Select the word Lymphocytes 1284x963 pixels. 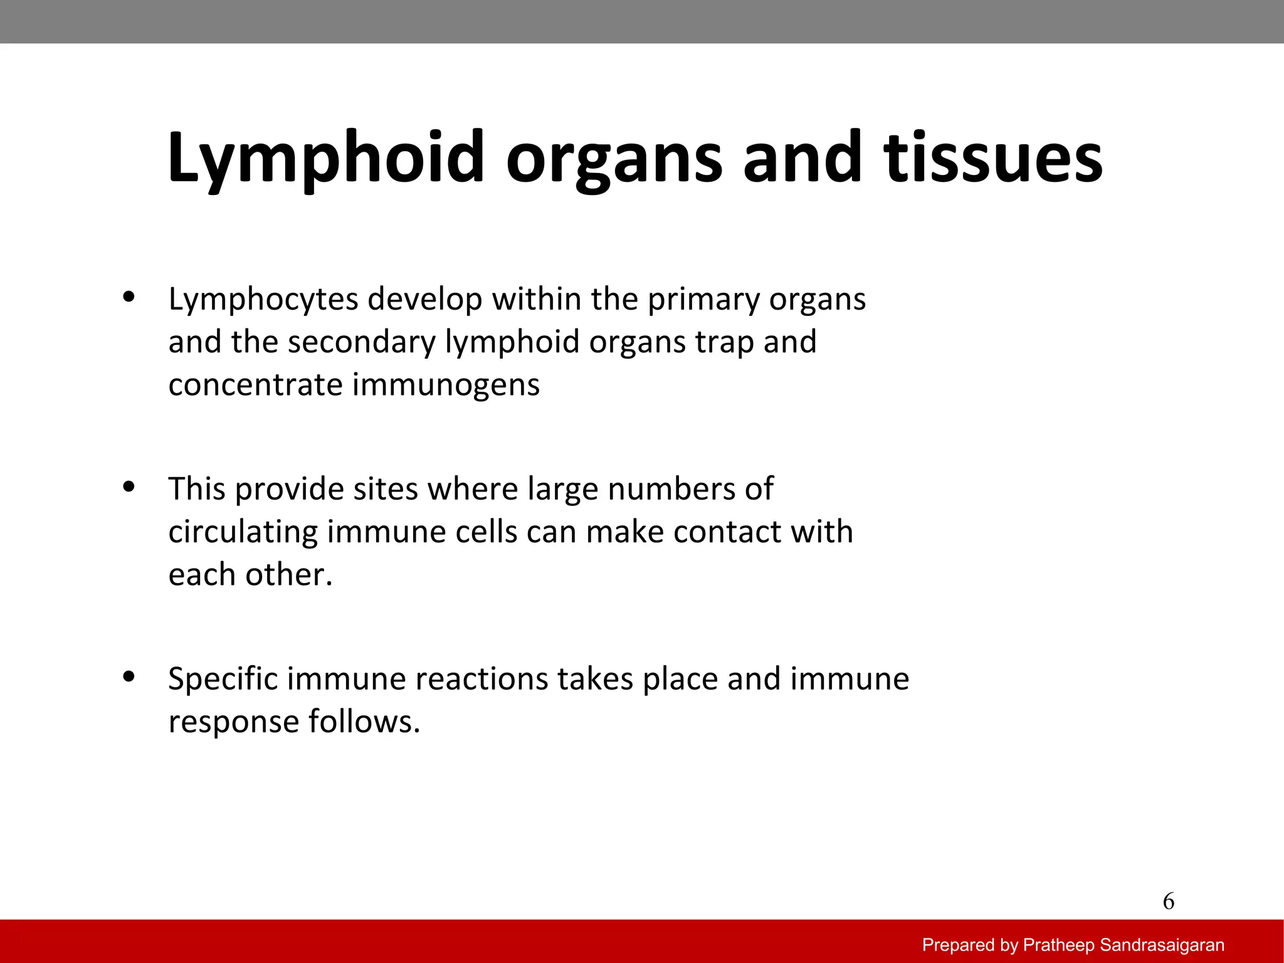point(263,300)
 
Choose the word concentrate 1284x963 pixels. point(255,385)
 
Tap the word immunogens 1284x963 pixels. point(446,385)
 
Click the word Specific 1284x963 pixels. point(223,679)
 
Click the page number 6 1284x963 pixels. point(1168,902)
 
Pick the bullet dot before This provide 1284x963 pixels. point(129,487)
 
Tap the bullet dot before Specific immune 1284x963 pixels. point(129,676)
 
